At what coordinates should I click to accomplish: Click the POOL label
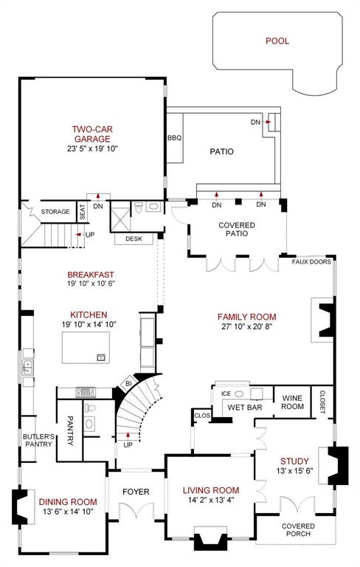click(277, 41)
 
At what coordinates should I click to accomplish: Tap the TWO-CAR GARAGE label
click(91, 134)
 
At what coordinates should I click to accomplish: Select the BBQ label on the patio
click(174, 138)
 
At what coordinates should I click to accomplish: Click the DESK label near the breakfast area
click(134, 238)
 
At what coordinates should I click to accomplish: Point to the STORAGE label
click(55, 212)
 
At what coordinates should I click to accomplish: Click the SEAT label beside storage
click(82, 212)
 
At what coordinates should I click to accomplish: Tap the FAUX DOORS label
click(310, 261)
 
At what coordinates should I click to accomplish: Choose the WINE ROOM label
click(293, 402)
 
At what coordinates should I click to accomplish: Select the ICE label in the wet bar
click(226, 394)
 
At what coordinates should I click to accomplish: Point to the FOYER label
click(136, 492)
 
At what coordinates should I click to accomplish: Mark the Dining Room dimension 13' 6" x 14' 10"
click(67, 512)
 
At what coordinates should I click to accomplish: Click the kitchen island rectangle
click(85, 348)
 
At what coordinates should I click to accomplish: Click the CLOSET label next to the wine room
click(322, 402)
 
